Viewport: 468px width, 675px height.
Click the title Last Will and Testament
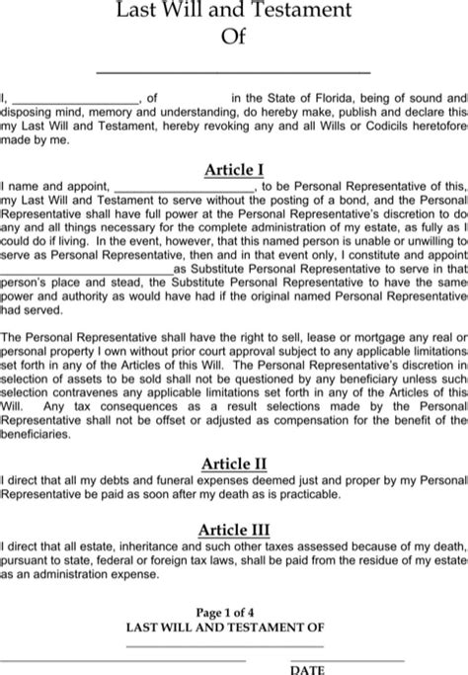coord(234,11)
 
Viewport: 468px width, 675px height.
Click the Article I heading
coord(234,170)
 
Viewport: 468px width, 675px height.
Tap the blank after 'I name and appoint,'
coord(185,185)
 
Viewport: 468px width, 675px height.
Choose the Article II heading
coord(234,463)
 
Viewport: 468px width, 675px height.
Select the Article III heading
coord(234,529)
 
